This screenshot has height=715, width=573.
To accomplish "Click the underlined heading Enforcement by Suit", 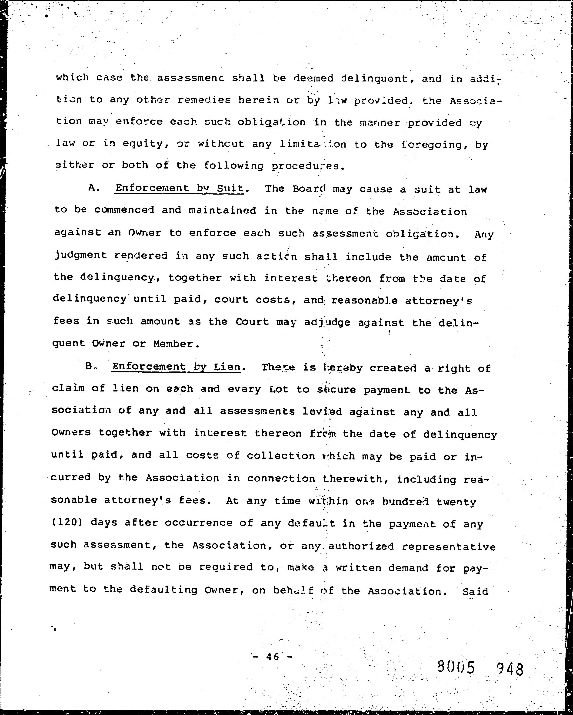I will [x=179, y=188].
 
